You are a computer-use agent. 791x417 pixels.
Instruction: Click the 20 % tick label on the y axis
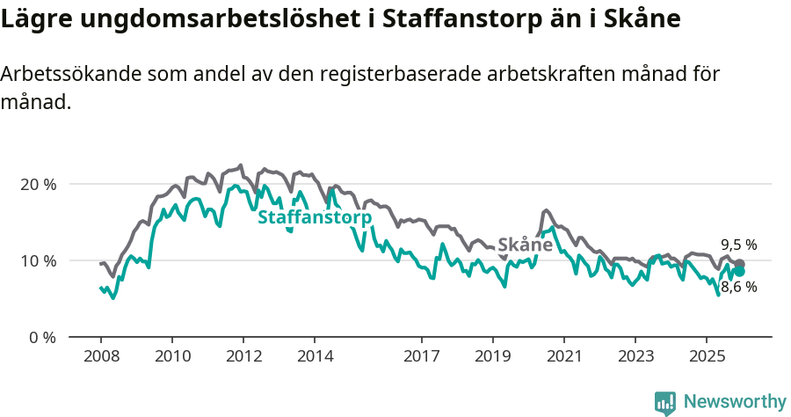tap(36, 185)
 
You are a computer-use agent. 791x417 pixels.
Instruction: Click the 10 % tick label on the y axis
tap(36, 261)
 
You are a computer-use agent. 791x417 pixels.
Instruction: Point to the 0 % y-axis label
tap(40, 338)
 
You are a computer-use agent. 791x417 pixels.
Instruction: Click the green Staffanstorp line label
tap(314, 217)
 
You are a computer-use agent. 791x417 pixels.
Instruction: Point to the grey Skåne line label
tap(525, 245)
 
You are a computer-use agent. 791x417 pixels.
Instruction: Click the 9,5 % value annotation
tap(738, 245)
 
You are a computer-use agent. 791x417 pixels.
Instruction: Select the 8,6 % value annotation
tap(738, 287)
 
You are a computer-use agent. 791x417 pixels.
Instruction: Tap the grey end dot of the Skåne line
tap(740, 264)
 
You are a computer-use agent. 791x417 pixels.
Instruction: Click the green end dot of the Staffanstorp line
tap(740, 272)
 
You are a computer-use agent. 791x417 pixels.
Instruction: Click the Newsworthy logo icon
tap(665, 402)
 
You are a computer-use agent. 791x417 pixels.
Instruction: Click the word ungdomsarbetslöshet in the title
tap(215, 19)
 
